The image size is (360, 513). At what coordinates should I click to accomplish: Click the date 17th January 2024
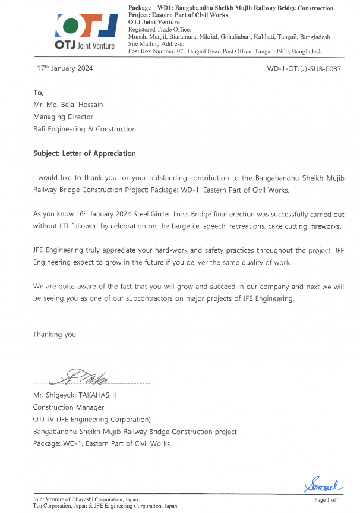[65, 68]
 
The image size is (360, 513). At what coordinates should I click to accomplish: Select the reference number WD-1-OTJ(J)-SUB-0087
[304, 69]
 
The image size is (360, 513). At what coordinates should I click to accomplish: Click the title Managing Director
[63, 117]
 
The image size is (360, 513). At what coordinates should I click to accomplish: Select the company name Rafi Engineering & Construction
[84, 129]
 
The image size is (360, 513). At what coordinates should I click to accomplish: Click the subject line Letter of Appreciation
[84, 153]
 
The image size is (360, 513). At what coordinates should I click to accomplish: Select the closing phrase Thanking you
[55, 335]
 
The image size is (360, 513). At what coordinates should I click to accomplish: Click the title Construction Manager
[68, 407]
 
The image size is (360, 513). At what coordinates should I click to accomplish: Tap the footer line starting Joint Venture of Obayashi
[87, 500]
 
